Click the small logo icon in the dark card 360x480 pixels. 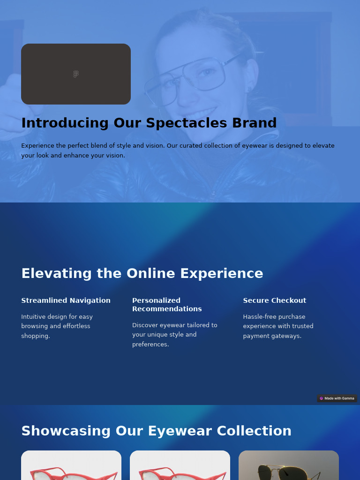point(76,74)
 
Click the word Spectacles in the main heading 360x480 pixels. point(187,123)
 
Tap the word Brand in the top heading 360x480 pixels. point(255,123)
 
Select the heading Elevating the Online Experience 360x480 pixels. point(142,273)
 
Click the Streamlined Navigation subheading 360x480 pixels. point(66,300)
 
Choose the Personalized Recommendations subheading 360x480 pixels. point(167,305)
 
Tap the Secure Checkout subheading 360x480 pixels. point(275,300)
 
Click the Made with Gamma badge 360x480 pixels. point(337,398)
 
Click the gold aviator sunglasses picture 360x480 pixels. point(289,465)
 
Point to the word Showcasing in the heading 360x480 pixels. point(66,431)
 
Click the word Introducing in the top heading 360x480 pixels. point(65,123)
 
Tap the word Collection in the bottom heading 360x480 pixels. point(254,431)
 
